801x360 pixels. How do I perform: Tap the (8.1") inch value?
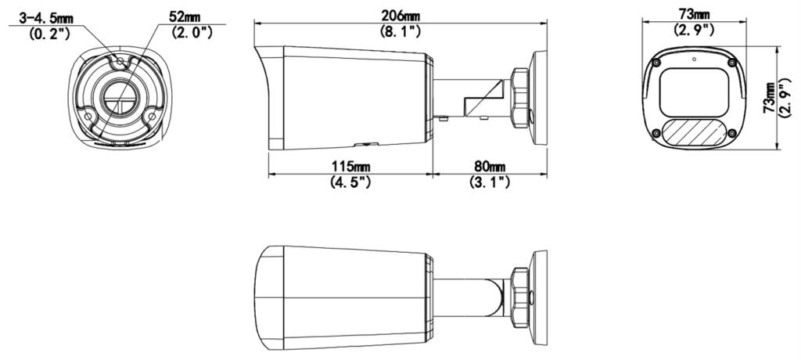(400, 32)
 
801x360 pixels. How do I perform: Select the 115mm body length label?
(349, 167)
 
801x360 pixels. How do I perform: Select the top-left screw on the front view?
(656, 63)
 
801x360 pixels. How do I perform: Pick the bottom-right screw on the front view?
(731, 135)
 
